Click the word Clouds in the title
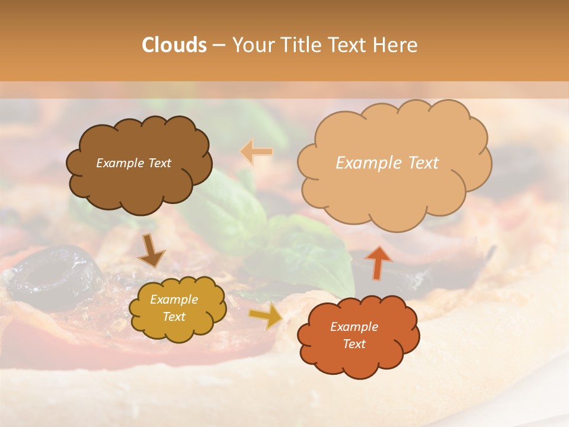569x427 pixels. coord(174,45)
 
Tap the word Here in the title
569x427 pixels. coord(395,45)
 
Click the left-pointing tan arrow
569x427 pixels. coord(256,152)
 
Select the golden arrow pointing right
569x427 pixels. coord(266,316)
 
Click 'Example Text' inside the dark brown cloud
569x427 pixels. coord(133,163)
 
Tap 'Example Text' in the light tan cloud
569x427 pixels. coord(387,163)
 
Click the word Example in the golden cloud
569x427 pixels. coord(174,299)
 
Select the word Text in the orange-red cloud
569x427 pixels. coord(354,344)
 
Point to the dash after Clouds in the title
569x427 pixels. coord(218,46)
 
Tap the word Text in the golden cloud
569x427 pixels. coord(174,317)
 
